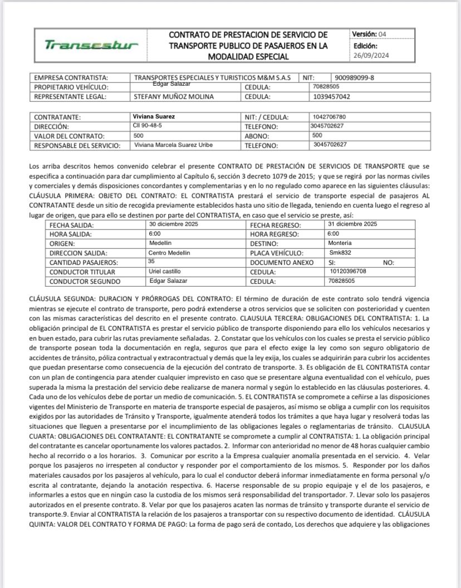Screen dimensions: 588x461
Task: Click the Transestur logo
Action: [91, 45]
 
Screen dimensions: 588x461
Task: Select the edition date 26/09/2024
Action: [373, 56]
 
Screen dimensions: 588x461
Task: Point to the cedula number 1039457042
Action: [332, 96]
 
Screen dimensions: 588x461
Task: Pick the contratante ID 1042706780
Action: [334, 117]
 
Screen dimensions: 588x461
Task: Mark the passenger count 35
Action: [151, 261]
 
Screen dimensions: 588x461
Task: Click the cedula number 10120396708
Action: [349, 271]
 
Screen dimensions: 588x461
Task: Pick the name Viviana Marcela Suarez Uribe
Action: [174, 145]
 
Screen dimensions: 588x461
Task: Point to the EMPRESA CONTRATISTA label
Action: [71, 78]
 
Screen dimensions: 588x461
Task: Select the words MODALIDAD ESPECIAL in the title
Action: [248, 57]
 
